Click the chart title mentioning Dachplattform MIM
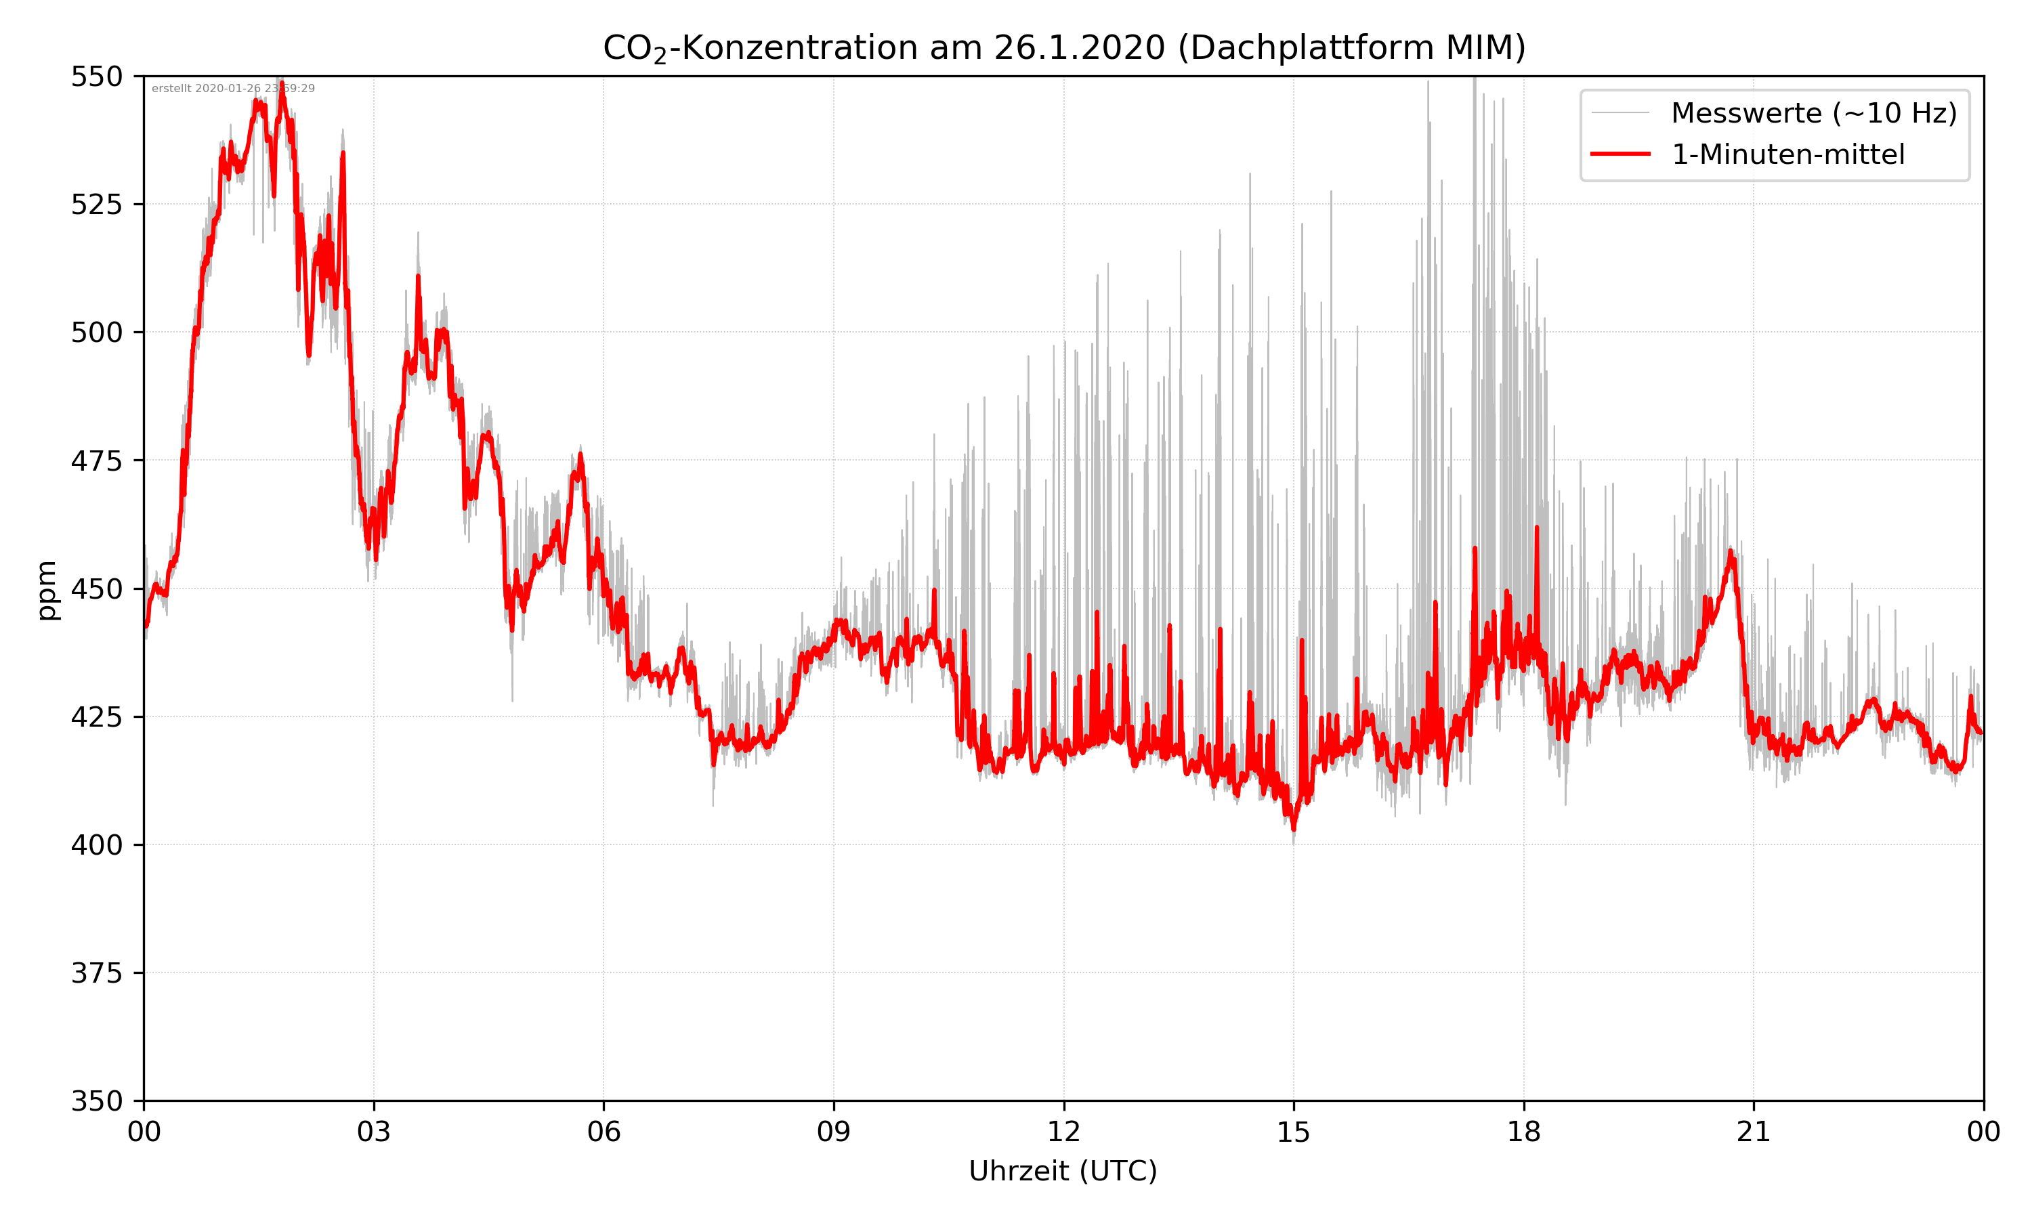1063,47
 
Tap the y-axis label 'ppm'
47,590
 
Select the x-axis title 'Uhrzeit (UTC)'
1063,1170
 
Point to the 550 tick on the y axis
96,77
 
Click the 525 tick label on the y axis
96,205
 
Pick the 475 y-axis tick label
96,461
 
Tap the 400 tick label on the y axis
96,844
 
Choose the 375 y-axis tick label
96,972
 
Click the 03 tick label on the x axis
374,1132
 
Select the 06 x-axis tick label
604,1132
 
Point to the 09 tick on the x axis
834,1132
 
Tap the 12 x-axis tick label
1063,1132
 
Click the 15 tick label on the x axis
1294,1132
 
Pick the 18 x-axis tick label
1523,1132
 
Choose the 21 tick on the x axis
1754,1132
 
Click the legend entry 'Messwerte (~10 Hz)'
1813,113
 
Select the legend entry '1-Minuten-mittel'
1787,154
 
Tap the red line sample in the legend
1620,154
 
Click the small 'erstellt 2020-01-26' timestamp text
233,89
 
